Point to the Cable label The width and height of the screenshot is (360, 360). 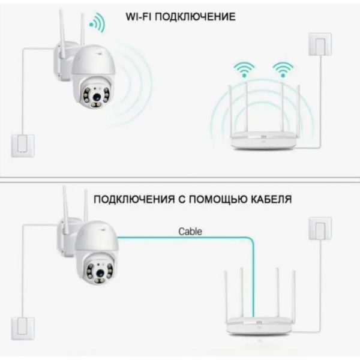click(x=190, y=231)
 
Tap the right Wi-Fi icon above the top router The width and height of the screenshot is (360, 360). click(x=282, y=68)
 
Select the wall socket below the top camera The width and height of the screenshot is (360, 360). click(x=23, y=146)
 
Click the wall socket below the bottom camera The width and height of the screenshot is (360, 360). click(x=23, y=326)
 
